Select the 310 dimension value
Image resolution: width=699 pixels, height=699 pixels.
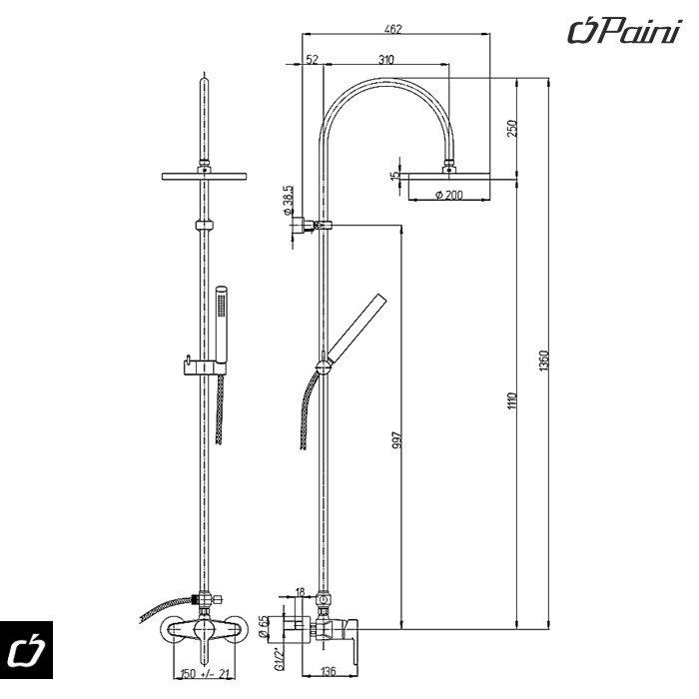(386, 61)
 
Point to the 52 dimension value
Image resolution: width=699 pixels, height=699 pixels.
(313, 61)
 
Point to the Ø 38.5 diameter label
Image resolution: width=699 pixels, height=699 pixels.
(287, 200)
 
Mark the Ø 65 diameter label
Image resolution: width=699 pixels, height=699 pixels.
(264, 627)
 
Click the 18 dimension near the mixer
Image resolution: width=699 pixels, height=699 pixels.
(301, 592)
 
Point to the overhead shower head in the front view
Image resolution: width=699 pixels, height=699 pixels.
(204, 177)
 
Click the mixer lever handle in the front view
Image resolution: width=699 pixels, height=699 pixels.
(206, 640)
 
